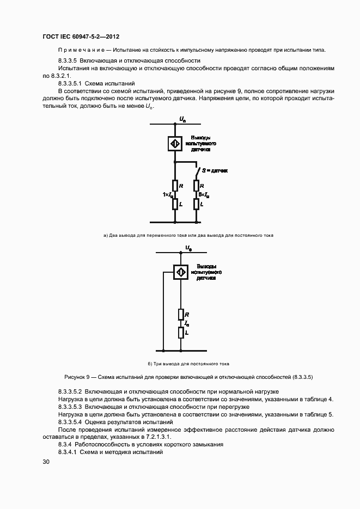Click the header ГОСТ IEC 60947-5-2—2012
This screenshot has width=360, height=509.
point(81,36)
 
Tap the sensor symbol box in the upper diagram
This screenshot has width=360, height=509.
point(175,143)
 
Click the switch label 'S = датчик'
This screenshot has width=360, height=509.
point(215,170)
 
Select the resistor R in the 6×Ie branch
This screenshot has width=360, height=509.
point(196,186)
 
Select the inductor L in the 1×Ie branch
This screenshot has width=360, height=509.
point(175,204)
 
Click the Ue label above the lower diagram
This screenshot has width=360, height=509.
point(188,248)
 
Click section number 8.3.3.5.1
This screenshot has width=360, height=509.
point(74,83)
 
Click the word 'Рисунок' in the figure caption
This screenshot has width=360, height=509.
point(76,377)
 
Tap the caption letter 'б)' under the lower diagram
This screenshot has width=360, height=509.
point(151,363)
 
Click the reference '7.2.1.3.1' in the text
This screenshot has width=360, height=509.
point(156,437)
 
